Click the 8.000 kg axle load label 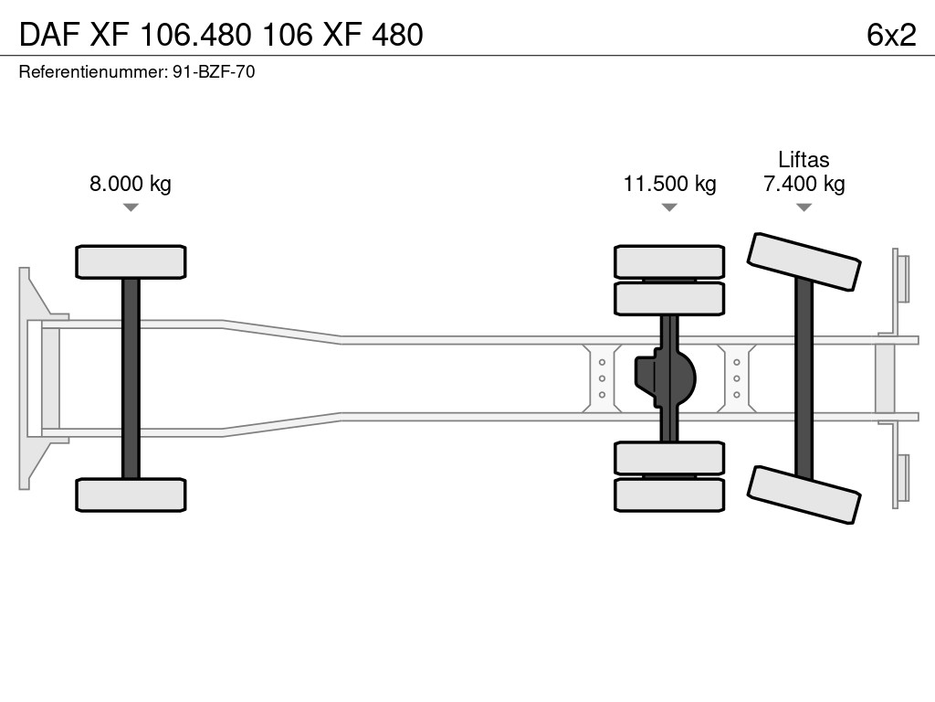130,184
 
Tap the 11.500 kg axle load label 669,184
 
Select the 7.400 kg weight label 804,184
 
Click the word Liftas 804,160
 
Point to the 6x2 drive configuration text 891,35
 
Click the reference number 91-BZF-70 214,71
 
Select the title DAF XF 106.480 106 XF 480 221,35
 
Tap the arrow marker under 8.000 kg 131,207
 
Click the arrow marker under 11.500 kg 669,207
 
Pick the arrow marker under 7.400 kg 804,207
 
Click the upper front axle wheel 131,261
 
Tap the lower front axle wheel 131,495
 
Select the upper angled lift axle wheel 804,261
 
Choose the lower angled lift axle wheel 804,495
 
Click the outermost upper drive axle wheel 669,261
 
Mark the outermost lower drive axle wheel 669,495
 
